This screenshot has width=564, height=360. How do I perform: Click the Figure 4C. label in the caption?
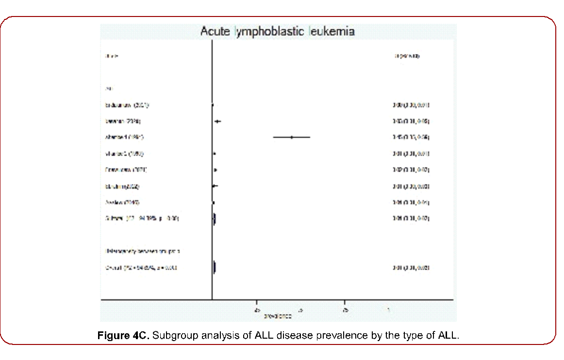tap(123, 335)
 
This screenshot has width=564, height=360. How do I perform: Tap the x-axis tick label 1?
tap(388, 310)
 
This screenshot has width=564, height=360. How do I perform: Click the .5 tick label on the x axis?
tap(300, 310)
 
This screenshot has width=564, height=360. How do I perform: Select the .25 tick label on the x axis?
tap(256, 310)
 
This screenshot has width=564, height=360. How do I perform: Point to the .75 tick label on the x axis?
tap(344, 310)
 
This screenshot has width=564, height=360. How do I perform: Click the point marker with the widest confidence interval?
tap(292, 137)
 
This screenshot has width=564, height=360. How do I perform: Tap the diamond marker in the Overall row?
tap(215, 267)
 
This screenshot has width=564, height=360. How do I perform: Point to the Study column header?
tap(112, 56)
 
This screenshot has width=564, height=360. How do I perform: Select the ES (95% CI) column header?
tap(407, 56)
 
